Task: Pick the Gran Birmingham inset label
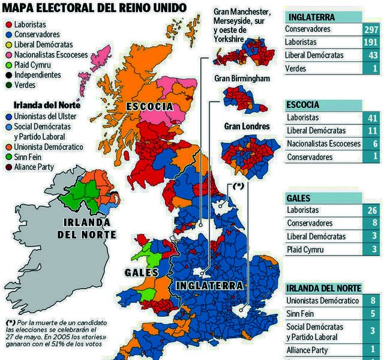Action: [242, 79]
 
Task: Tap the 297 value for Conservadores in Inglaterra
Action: [370, 30]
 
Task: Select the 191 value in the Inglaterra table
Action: [370, 43]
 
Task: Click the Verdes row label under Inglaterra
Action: [295, 68]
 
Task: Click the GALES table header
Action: [298, 197]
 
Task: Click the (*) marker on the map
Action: [238, 187]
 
